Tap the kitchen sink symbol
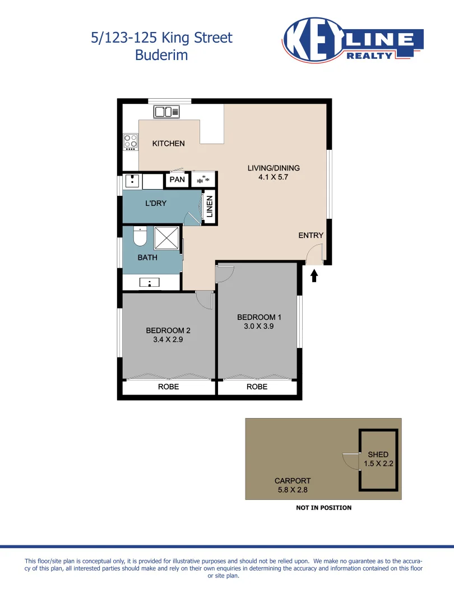[x=166, y=112]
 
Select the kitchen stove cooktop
[x=131, y=141]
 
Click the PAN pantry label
[x=177, y=180]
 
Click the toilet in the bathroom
[x=140, y=237]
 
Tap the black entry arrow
[x=314, y=275]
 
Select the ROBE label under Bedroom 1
[x=257, y=387]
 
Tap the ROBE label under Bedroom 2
[x=168, y=387]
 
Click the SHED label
[x=378, y=454]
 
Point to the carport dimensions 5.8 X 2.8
[x=292, y=490]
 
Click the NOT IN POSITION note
[x=323, y=508]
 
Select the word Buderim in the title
[x=161, y=55]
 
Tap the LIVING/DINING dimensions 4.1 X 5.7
[x=274, y=177]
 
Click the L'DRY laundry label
[x=156, y=203]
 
